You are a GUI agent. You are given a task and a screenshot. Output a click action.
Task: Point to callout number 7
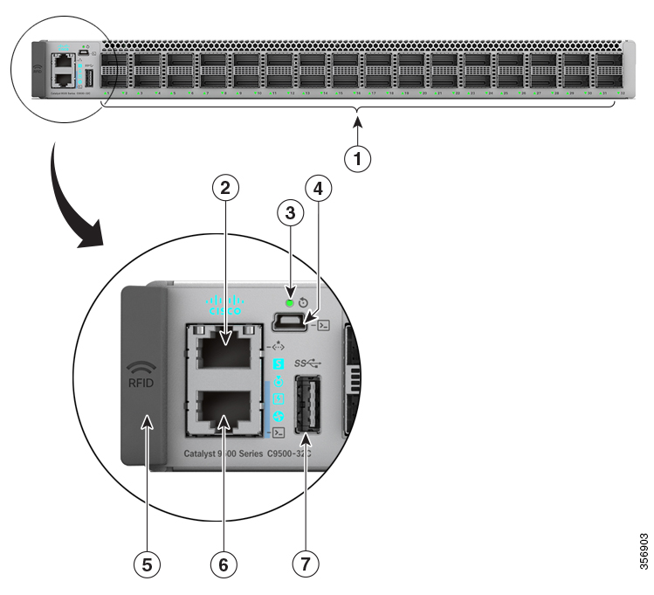[305, 564]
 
